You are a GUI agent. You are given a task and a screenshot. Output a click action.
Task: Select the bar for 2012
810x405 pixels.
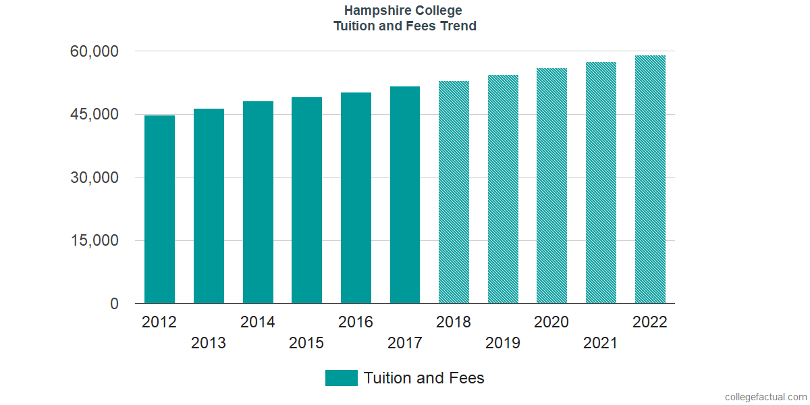159,209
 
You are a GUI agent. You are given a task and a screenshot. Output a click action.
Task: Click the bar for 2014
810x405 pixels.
258,202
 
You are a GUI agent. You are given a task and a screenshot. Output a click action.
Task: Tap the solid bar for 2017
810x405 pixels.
405,195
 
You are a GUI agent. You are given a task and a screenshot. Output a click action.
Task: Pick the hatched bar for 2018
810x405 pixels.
454,192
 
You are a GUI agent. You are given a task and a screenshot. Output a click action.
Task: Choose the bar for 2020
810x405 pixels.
551,186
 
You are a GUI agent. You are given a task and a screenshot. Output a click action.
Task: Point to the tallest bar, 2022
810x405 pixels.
650,180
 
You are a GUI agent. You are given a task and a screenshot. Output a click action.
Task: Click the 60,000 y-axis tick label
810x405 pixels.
94,51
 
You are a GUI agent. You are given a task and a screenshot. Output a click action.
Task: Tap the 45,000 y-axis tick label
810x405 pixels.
94,115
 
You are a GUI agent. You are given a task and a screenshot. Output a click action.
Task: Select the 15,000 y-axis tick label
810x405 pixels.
94,241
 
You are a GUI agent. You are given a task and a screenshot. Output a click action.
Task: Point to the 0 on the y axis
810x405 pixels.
114,304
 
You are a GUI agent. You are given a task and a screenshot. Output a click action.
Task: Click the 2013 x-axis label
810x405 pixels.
209,344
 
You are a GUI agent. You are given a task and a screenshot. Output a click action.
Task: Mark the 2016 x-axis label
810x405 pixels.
356,322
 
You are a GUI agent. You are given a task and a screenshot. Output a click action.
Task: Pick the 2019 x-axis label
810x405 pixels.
503,344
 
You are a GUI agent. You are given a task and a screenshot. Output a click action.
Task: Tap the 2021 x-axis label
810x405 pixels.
601,344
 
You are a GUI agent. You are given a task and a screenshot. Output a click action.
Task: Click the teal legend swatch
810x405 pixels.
341,378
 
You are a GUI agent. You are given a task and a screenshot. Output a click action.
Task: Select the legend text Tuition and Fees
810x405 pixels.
424,378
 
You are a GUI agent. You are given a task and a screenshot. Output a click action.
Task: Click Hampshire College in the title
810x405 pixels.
404,11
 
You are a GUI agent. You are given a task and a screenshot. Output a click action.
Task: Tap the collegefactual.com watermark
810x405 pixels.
765,397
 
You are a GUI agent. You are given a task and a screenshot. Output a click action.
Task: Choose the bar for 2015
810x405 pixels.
306,200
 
